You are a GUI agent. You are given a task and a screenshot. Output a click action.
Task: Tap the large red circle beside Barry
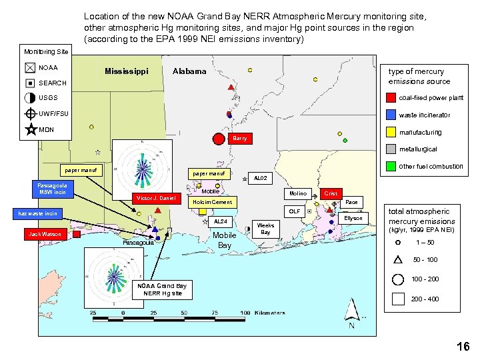[218, 139]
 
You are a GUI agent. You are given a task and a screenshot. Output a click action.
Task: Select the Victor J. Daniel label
[155, 198]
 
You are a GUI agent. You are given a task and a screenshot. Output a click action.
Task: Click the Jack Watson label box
[45, 234]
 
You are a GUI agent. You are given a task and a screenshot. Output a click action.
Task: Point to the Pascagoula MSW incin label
[52, 187]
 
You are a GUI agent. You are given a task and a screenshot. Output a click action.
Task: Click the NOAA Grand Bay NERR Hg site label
[163, 289]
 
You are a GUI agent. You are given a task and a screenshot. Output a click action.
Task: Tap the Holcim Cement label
[212, 202]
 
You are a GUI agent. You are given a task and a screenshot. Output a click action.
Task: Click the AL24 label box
[220, 221]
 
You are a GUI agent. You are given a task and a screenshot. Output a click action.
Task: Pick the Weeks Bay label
[265, 229]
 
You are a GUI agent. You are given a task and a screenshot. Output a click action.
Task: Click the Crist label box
[330, 193]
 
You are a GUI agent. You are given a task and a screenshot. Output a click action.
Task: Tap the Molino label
[298, 193]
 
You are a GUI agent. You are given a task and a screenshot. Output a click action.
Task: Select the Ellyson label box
[353, 218]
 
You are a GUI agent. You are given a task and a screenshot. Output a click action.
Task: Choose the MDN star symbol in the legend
[31, 129]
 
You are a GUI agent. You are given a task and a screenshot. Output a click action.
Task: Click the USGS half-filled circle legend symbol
[31, 98]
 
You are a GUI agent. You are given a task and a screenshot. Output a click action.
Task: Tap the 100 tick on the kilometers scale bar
[245, 312]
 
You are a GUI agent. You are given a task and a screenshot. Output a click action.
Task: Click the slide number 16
[463, 346]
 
